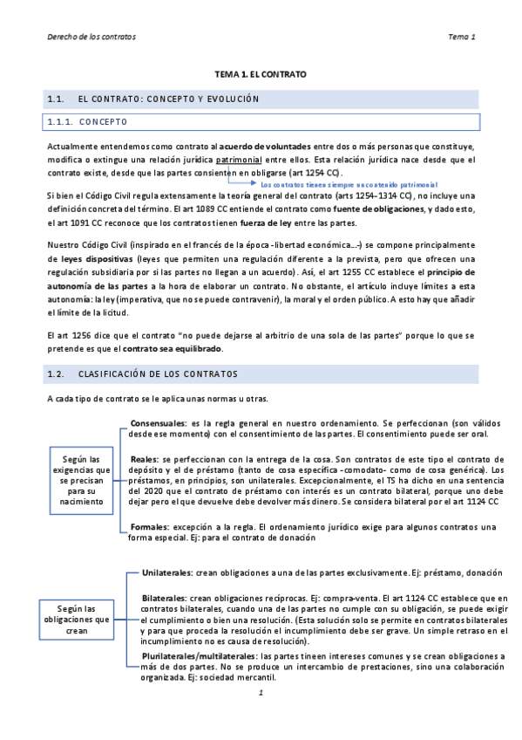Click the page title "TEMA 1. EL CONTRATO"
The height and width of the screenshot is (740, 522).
[261, 76]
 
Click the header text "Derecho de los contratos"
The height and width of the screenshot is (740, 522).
[92, 37]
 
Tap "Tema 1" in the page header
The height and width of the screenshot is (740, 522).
[461, 37]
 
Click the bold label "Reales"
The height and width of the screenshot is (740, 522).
[144, 458]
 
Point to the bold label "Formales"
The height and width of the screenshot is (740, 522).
[148, 527]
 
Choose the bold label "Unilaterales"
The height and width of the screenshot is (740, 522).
[167, 572]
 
